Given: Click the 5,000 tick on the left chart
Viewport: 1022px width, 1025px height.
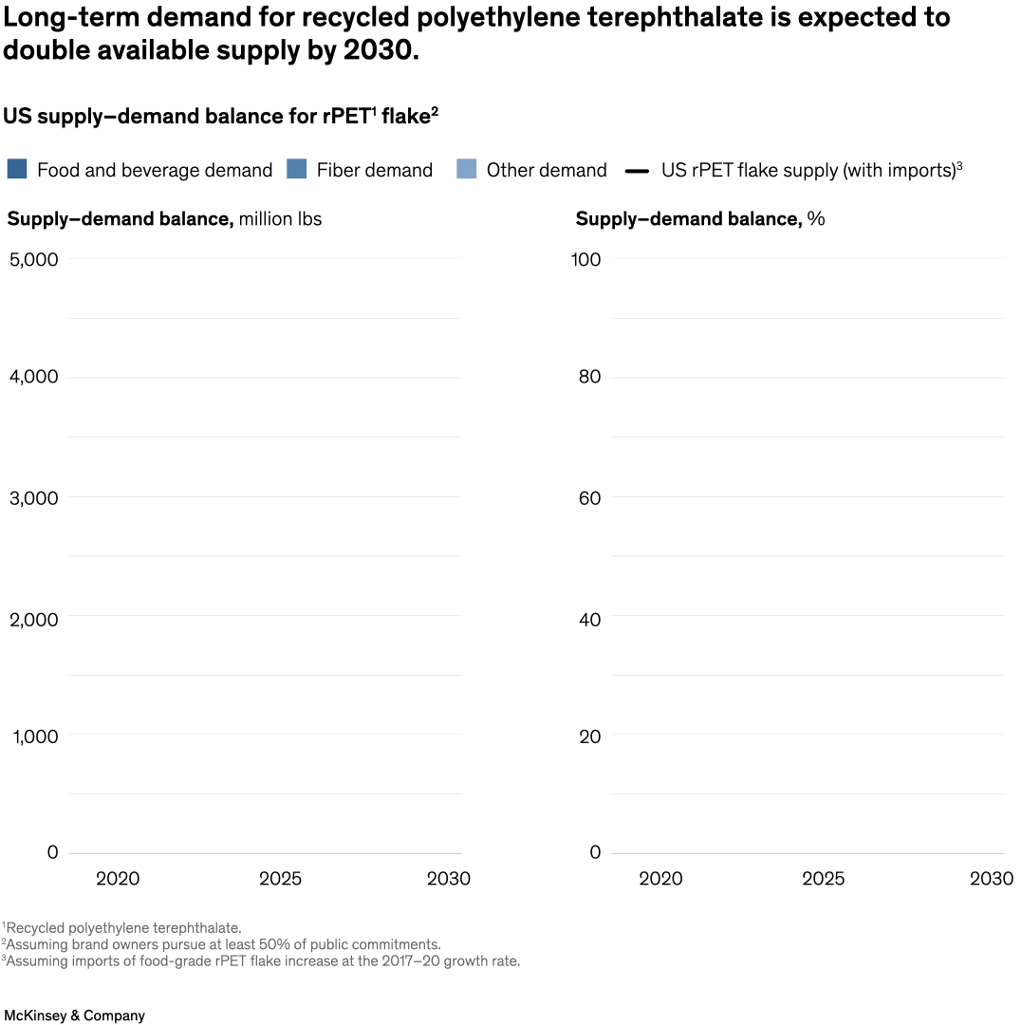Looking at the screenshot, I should coord(33,259).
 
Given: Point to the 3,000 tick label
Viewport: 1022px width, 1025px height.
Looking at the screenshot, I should coord(33,497).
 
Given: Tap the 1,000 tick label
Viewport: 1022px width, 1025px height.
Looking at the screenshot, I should coord(35,736).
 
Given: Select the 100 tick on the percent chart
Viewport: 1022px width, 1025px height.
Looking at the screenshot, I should coord(586,259).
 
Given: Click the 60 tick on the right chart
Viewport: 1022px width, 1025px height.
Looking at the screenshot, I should coord(590,497).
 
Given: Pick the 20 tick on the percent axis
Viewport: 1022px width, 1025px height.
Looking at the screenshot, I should coord(590,736).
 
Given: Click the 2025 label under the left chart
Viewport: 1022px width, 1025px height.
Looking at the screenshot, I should coord(280,879).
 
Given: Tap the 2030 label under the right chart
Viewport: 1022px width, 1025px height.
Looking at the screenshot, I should coord(991,879).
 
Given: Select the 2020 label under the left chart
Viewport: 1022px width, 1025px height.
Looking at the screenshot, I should coord(118,879).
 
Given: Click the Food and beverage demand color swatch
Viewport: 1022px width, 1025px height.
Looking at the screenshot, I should coord(17,169).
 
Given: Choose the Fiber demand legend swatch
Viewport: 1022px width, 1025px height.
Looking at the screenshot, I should coord(297,169).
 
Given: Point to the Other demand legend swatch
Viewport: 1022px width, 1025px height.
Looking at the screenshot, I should coord(467,169).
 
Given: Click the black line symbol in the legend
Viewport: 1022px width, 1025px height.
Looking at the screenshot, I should coord(638,171).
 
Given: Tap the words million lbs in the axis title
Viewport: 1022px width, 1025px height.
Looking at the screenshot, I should coord(280,219).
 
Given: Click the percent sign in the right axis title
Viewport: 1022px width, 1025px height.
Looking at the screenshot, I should coord(816,219).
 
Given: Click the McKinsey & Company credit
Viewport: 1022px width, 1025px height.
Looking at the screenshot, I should coord(74,1016).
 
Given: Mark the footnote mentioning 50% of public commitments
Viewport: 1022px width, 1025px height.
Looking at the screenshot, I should coord(222,944).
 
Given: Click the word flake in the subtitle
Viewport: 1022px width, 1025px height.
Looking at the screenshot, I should coord(405,116).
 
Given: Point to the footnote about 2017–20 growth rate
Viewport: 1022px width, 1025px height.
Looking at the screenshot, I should coord(262,961).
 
